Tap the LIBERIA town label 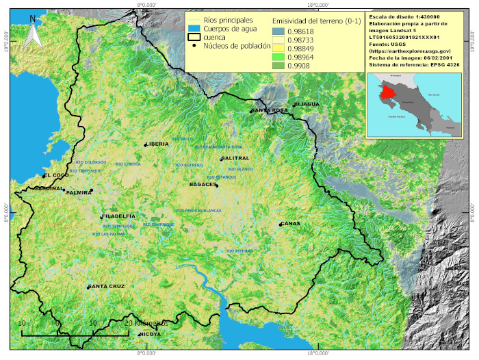pos(157,144)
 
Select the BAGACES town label pos(203,184)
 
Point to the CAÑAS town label pos(291,224)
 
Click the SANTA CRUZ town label pos(107,286)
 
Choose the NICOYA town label pos(150,334)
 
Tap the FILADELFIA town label pos(118,216)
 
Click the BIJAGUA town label pos(307,104)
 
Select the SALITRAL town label pos(235,158)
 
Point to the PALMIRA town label pos(79,192)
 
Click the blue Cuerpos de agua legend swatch pos(194,29)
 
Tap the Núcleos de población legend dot pos(194,47)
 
